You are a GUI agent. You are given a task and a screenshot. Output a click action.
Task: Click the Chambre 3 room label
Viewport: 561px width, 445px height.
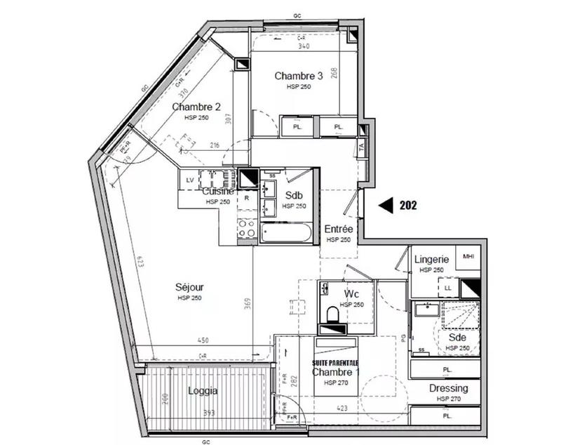(x=298, y=76)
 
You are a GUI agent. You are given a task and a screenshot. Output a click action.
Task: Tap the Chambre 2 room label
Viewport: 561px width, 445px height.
(x=196, y=107)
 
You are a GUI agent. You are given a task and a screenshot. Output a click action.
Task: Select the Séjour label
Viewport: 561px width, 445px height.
(x=189, y=287)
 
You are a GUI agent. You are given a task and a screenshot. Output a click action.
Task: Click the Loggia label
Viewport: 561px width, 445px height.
(x=203, y=391)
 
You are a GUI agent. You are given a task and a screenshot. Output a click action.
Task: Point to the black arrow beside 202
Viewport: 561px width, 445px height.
(x=386, y=206)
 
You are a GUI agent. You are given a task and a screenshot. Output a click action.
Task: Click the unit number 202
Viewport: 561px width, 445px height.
(x=409, y=206)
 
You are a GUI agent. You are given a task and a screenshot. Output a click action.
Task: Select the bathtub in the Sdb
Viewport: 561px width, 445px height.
(x=285, y=232)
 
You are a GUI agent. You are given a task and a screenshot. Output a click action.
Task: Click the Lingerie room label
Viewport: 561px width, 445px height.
(x=431, y=259)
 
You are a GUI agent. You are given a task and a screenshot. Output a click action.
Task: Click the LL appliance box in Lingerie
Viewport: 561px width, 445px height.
(x=447, y=286)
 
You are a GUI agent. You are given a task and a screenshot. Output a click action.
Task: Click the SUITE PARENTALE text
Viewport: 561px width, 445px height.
(x=335, y=361)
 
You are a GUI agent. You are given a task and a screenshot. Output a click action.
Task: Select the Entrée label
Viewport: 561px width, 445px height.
(x=338, y=229)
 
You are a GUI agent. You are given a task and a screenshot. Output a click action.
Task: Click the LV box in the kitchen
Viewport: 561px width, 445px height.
(x=189, y=180)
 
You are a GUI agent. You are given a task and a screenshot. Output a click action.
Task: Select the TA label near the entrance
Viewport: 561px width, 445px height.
(x=361, y=147)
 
